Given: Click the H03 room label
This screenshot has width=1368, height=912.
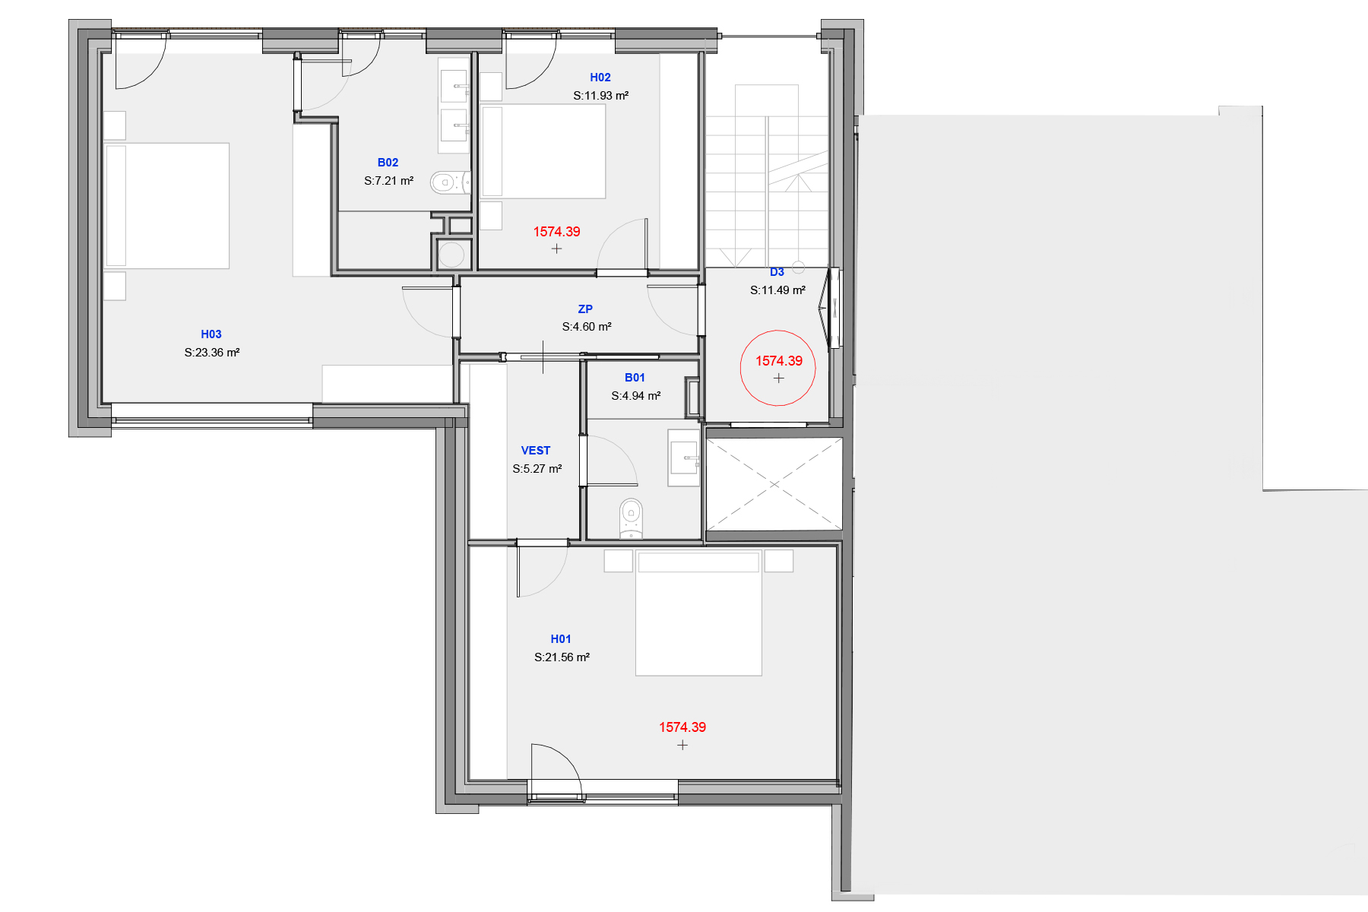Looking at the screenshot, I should pyautogui.click(x=211, y=334).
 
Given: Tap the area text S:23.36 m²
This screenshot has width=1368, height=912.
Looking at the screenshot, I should pyautogui.click(x=212, y=353).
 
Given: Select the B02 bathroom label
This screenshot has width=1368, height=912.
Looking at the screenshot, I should pyautogui.click(x=388, y=163).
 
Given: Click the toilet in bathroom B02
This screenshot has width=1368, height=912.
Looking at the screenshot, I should pyautogui.click(x=448, y=182).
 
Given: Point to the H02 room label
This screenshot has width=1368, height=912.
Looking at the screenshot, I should pyautogui.click(x=600, y=78).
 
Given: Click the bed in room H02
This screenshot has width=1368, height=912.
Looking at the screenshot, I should pyautogui.click(x=543, y=151).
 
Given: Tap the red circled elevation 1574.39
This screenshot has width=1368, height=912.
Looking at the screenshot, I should pyautogui.click(x=778, y=362).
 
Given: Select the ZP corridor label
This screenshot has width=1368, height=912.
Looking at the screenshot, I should pyautogui.click(x=585, y=309).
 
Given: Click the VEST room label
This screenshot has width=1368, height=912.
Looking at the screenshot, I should pyautogui.click(x=536, y=451).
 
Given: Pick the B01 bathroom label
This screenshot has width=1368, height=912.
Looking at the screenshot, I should pyautogui.click(x=635, y=378).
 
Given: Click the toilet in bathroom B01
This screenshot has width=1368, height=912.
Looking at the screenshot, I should pyautogui.click(x=631, y=518).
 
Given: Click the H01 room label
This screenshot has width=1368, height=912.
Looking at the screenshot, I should pyautogui.click(x=561, y=639).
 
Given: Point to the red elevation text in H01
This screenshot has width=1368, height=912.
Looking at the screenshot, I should pyautogui.click(x=682, y=727).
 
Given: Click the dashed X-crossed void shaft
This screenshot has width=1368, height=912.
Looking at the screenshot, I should pyautogui.click(x=774, y=484).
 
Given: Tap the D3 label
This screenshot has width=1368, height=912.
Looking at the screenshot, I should pyautogui.click(x=777, y=272).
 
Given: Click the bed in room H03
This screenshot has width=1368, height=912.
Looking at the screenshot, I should pyautogui.click(x=167, y=205).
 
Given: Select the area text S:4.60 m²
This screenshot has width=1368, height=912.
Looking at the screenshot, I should pyautogui.click(x=587, y=327).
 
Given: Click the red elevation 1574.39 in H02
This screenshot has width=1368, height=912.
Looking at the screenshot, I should pyautogui.click(x=556, y=232).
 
